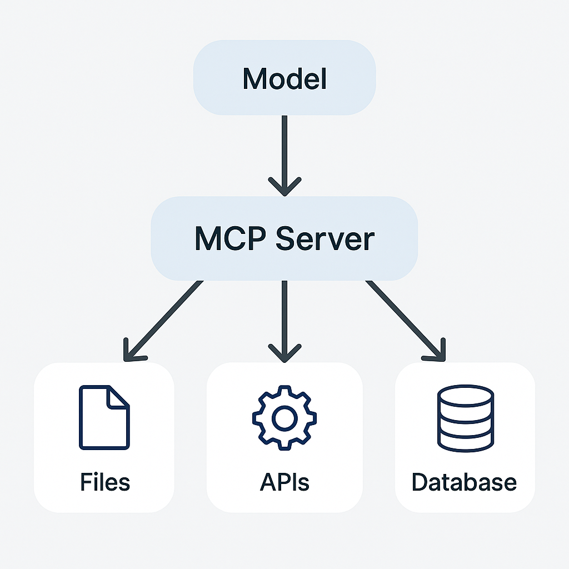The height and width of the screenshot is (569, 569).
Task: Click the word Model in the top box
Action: [x=284, y=79]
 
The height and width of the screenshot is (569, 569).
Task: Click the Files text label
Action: [x=104, y=482]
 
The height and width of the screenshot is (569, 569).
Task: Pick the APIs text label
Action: [x=284, y=482]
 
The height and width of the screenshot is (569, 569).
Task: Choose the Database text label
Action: [x=464, y=482]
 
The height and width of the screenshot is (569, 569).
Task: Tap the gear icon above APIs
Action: [x=284, y=418]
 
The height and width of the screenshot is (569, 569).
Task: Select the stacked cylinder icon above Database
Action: [x=465, y=418]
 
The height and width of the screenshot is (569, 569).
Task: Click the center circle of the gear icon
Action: [x=284, y=418]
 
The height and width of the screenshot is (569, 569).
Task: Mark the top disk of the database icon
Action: [x=465, y=396]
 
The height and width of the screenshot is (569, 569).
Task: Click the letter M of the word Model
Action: [x=253, y=79]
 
